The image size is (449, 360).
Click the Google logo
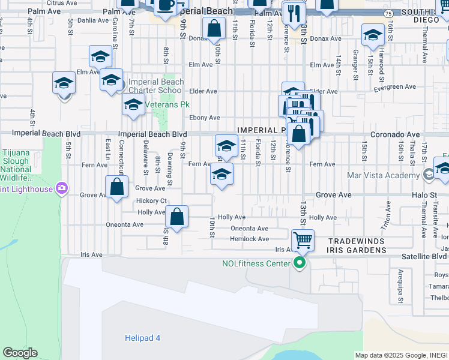point(20,353)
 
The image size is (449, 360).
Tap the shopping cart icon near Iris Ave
point(303,241)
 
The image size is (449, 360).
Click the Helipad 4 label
point(142,338)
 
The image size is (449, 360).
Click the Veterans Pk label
point(164,104)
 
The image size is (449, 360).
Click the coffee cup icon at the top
point(165,5)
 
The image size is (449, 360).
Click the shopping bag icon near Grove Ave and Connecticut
point(117,187)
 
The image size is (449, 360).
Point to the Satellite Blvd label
point(424,256)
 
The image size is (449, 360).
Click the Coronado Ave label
point(395,134)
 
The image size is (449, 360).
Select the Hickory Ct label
point(151,200)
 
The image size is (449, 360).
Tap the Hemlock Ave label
point(250,239)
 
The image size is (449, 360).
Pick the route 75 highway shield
point(388,12)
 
